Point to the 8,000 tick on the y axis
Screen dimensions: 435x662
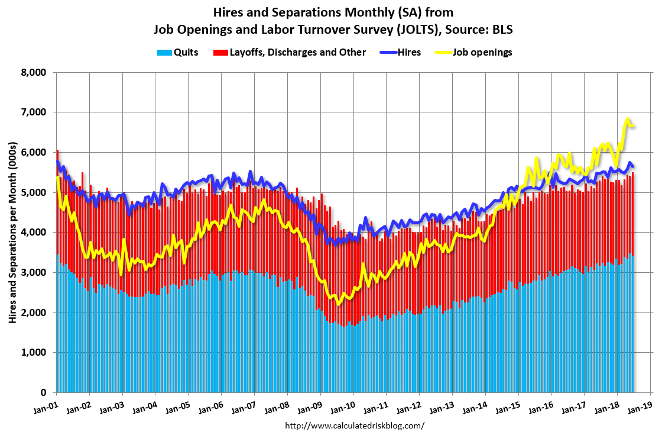tap(34, 72)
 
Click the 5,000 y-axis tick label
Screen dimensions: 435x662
tap(34, 192)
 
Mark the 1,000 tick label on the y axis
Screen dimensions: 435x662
tap(34, 353)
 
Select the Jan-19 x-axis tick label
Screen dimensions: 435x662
tap(641, 407)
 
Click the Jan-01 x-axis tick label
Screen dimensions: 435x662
tap(47, 407)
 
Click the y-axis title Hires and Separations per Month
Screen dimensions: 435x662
tap(12, 233)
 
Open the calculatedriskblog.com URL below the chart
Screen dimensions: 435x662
tap(355, 426)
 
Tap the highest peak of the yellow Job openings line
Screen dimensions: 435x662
tap(628, 119)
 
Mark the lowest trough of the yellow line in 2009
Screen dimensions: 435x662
tap(338, 304)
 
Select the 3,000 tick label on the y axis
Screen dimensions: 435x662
tap(34, 272)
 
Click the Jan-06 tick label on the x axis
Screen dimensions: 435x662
tap(212, 407)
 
